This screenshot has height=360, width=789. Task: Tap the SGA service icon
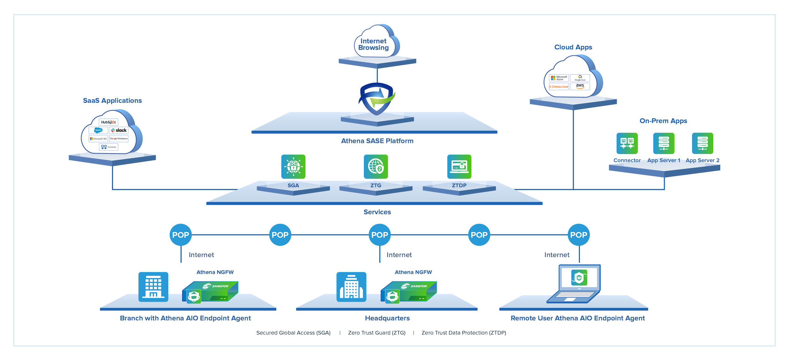tap(293, 167)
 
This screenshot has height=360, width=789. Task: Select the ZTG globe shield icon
tap(376, 167)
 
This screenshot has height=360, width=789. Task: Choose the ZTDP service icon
tap(459, 167)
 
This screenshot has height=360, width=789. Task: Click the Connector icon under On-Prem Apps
tap(627, 143)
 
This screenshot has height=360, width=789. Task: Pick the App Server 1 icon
tap(664, 143)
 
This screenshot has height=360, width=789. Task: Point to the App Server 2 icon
tap(703, 143)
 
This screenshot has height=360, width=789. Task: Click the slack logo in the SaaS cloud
tap(119, 130)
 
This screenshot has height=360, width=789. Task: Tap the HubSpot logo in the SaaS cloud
tap(108, 122)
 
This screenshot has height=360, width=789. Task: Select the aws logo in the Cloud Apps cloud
tap(580, 86)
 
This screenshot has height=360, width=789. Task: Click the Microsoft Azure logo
tap(559, 78)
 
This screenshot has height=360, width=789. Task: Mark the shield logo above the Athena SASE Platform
tap(377, 99)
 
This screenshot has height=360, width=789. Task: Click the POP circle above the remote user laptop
tap(578, 235)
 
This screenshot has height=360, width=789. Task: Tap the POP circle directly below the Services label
tap(379, 235)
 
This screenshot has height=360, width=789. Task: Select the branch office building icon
tap(153, 286)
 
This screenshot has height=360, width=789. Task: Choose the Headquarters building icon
tap(351, 286)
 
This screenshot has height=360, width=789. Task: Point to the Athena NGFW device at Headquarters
tap(409, 292)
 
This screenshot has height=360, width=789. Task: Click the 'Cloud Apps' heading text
tap(573, 47)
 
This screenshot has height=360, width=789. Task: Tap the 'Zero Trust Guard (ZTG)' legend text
tap(377, 333)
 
